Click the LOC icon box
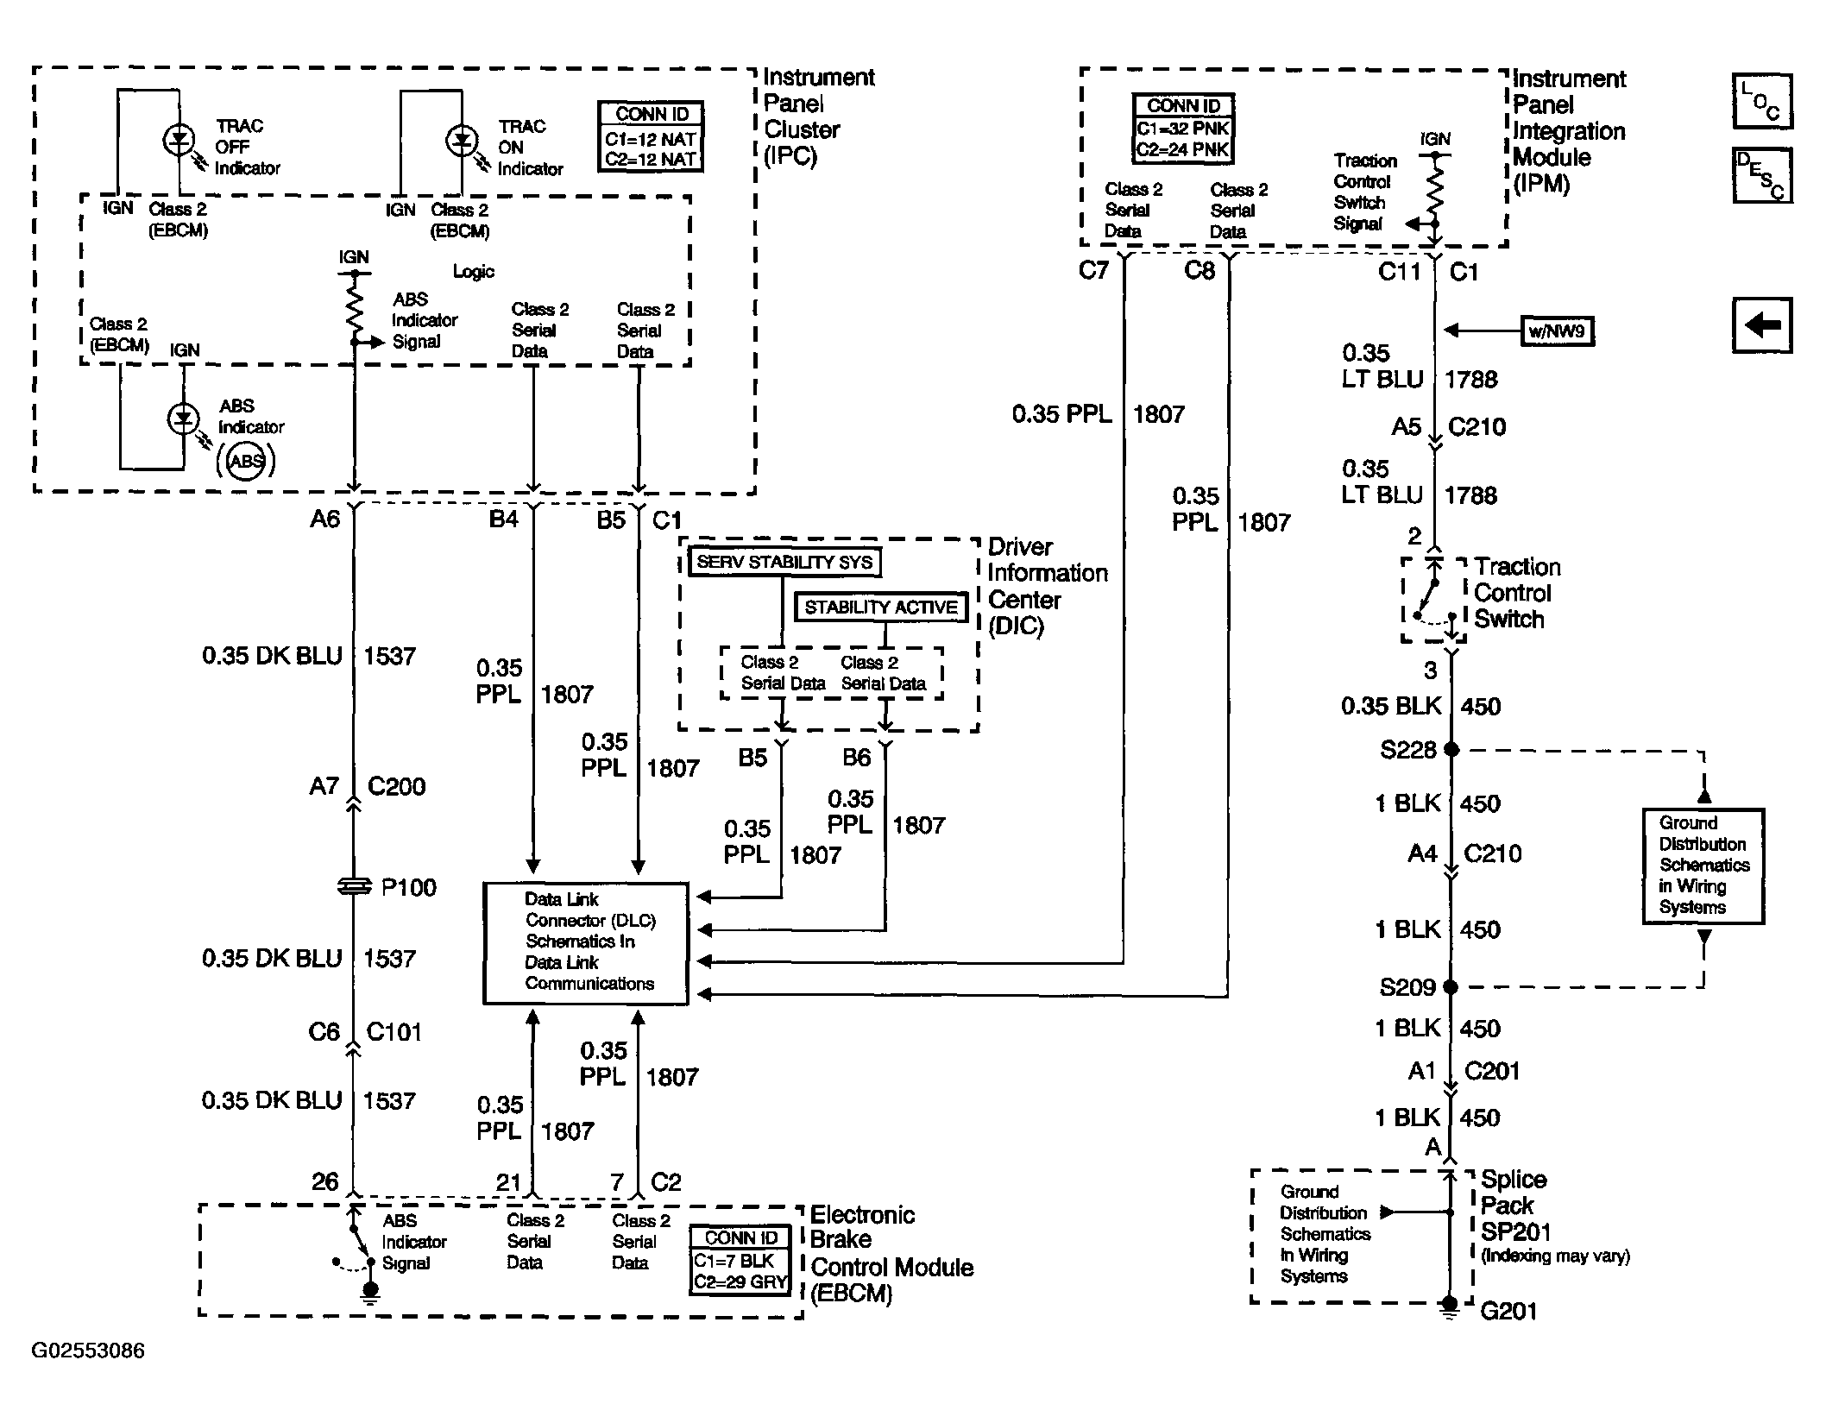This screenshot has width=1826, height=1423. pos(1762,102)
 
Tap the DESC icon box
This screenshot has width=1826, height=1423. pos(1762,175)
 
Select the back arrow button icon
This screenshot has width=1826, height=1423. pos(1762,325)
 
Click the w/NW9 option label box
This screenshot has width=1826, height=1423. pos(1557,331)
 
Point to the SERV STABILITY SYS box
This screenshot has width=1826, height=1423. pos(784,563)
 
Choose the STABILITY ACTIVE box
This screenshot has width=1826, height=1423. pos(881,608)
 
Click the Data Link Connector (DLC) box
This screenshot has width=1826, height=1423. pos(586,943)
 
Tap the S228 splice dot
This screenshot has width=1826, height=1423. pos(1451,749)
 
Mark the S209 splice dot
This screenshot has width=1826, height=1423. pos(1451,986)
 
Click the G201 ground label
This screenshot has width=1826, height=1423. pos(1508,1312)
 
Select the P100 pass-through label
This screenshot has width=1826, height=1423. pos(408,887)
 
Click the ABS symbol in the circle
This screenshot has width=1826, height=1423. pos(246,461)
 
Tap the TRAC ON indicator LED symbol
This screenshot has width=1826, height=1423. pos(462,140)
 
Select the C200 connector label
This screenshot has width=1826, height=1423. pos(396,786)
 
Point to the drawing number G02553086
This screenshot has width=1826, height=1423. pos(88,1351)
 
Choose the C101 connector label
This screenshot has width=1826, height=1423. pos(394,1031)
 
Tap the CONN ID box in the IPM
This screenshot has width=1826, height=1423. pos(1184,129)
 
